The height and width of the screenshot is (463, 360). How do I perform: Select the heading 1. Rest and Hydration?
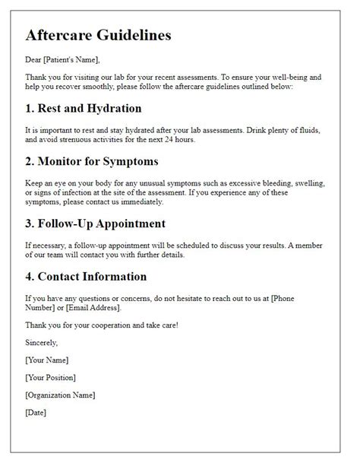point(84,108)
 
